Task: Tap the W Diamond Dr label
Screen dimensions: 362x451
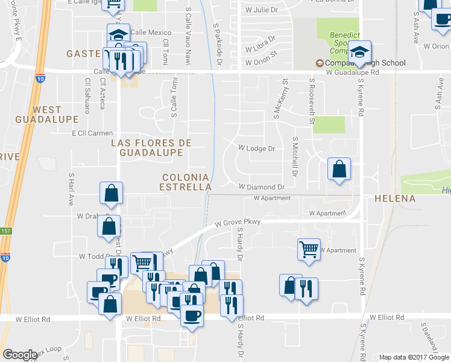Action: [x=261, y=188]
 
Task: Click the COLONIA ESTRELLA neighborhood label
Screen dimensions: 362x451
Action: [x=185, y=182]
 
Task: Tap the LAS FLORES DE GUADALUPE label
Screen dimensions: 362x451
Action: [x=151, y=148]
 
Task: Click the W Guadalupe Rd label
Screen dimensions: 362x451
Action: [x=352, y=72]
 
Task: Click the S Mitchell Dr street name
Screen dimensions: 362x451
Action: [x=295, y=156]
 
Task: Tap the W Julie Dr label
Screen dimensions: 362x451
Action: [x=261, y=10]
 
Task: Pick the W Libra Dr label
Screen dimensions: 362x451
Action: [x=260, y=48]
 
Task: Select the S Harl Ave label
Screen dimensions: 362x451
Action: [x=71, y=188]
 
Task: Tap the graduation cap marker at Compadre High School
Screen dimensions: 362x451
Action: [x=360, y=51]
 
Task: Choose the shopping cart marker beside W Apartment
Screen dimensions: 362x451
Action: [x=308, y=248]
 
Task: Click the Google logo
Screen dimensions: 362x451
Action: [x=20, y=355]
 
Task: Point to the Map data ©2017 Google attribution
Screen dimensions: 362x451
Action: [x=414, y=357]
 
